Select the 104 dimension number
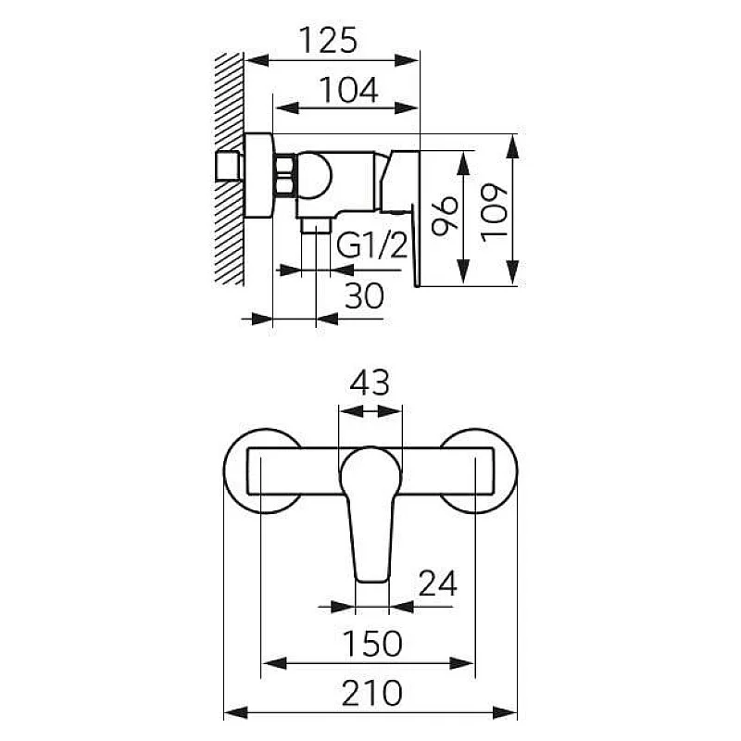point(347,90)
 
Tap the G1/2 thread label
point(371,245)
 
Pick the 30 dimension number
point(365,296)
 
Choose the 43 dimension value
point(370,383)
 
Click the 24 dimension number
point(438,584)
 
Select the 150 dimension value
point(369,643)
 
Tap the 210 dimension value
point(369,693)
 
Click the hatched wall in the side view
point(228,167)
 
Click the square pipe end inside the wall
point(227,168)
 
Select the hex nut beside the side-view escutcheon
point(284,176)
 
